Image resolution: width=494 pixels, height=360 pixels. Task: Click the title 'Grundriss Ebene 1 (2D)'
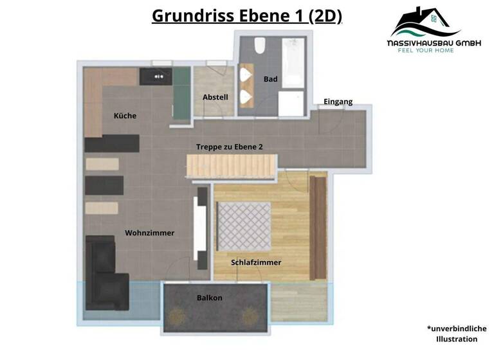click(x=247, y=15)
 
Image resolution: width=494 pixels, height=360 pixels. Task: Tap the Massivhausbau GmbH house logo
click(x=425, y=22)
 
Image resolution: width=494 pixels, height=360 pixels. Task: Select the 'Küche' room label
click(x=125, y=116)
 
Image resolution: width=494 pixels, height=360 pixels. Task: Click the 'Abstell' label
click(x=215, y=97)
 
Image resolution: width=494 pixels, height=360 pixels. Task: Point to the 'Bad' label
click(x=270, y=79)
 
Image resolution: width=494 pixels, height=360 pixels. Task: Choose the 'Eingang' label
click(x=338, y=102)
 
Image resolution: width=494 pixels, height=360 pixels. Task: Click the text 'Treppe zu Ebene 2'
click(x=230, y=147)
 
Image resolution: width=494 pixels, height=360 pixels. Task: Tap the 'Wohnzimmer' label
click(x=149, y=233)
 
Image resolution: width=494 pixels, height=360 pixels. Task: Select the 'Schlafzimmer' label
click(x=256, y=262)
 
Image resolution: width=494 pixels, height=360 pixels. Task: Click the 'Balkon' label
click(x=210, y=298)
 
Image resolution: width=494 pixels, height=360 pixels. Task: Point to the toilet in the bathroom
click(x=260, y=46)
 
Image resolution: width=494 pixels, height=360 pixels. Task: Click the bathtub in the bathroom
click(x=293, y=62)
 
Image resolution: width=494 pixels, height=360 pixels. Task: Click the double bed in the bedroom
click(x=244, y=226)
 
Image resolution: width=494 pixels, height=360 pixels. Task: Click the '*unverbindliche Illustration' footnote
click(x=457, y=332)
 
